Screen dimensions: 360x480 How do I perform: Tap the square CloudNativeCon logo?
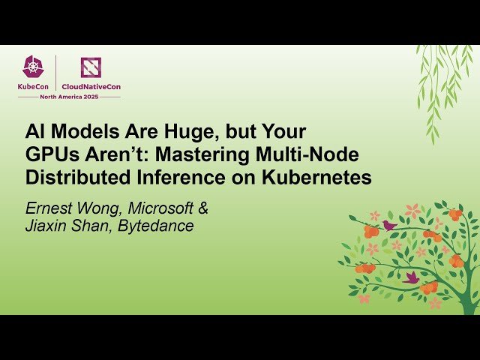[91, 67]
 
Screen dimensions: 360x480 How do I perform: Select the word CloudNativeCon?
[91, 86]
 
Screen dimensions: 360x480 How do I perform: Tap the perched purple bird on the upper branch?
[388, 224]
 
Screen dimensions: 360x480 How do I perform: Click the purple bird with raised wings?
[411, 277]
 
